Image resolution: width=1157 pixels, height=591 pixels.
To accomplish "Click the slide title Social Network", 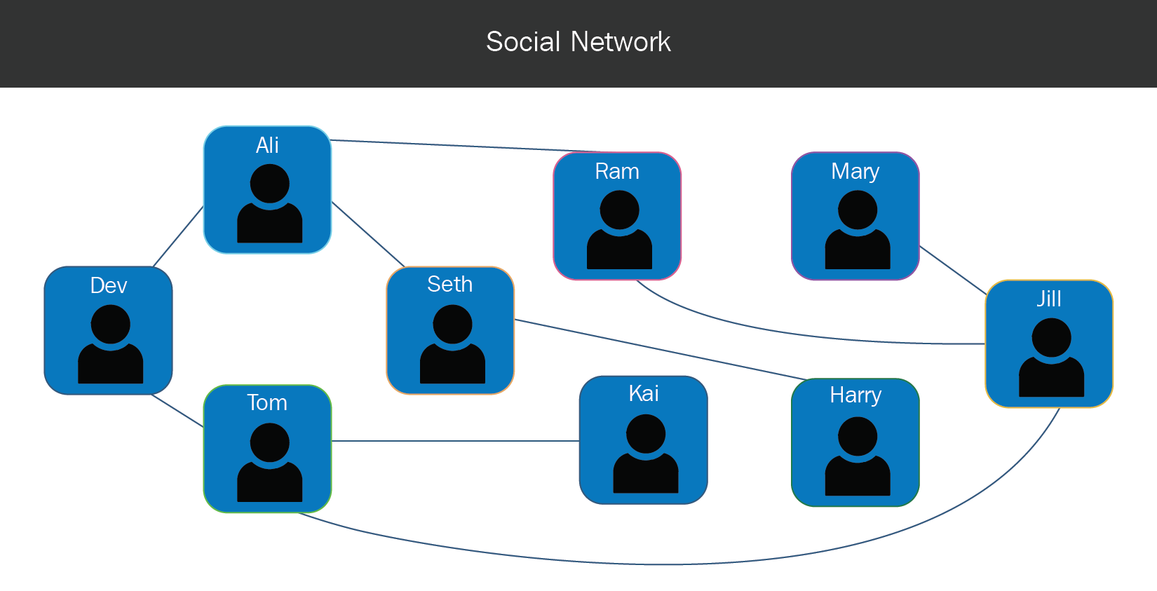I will (x=578, y=42).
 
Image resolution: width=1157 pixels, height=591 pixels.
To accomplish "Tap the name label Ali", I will (x=267, y=145).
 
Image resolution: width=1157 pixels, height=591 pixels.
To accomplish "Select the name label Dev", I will (x=109, y=285).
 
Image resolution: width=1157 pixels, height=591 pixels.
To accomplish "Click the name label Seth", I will (x=449, y=284).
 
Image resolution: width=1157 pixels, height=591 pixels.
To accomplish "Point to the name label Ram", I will (x=617, y=171).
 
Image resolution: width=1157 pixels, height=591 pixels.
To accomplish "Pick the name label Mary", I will (x=855, y=171).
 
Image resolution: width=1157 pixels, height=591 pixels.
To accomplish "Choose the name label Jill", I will (x=1049, y=299).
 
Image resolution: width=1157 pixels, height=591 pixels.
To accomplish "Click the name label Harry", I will (x=855, y=395).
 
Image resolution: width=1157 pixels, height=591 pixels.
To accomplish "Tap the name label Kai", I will (x=643, y=393).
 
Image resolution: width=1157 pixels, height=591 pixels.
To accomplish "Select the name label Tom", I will (x=267, y=402).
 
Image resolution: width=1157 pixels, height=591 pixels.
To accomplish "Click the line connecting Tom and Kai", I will (x=456, y=441).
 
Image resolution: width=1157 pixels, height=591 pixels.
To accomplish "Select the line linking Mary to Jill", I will (x=952, y=269).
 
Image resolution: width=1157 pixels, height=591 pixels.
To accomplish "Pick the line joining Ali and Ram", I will (x=463, y=146).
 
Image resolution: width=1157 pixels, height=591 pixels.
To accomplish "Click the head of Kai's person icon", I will (x=645, y=433).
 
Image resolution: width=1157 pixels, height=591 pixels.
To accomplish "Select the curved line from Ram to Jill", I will (x=806, y=334).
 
